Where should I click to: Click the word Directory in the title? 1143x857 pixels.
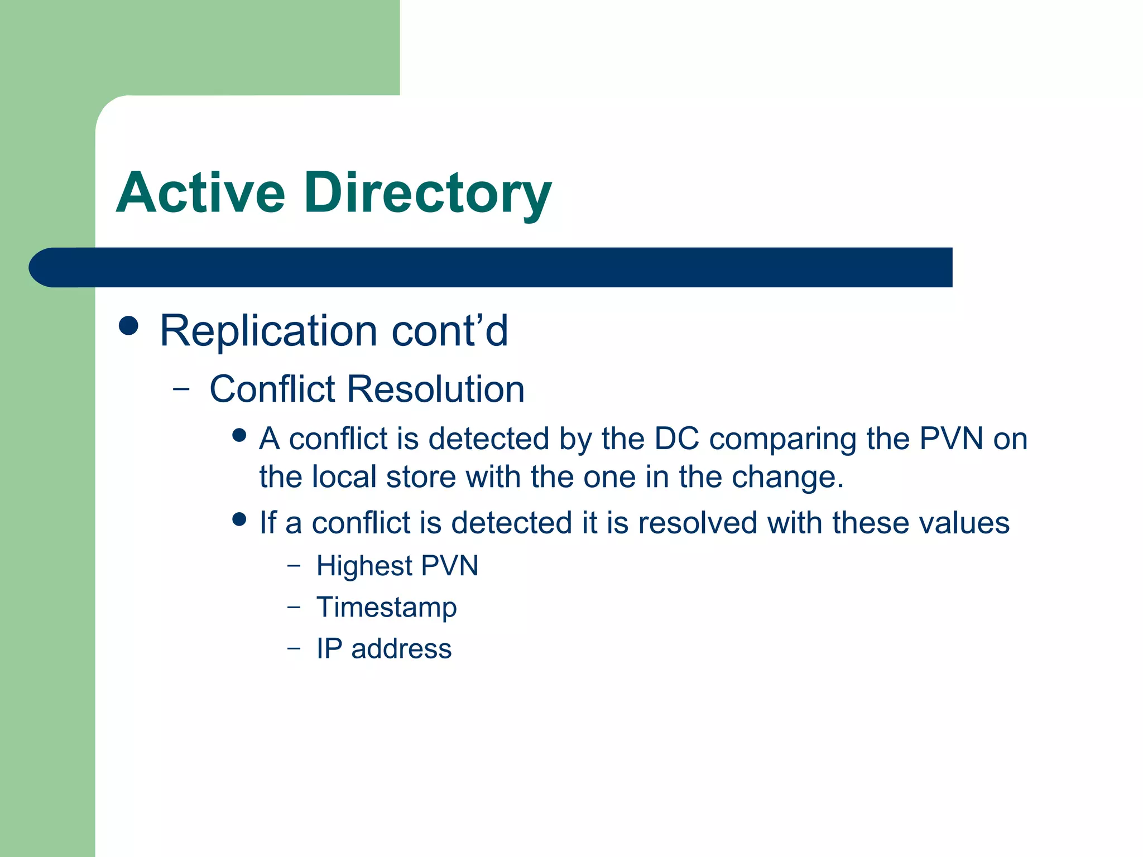click(428, 194)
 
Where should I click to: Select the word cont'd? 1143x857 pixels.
click(450, 331)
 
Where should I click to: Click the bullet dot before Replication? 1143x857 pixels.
click(129, 326)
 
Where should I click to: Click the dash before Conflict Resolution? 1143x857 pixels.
click(181, 389)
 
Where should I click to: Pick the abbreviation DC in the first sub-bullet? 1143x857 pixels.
click(676, 439)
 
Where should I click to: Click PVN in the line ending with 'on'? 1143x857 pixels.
click(951, 439)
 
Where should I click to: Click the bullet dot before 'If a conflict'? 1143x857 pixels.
click(239, 519)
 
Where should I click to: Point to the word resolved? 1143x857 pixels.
click(698, 523)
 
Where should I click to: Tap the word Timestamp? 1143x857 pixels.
click(386, 608)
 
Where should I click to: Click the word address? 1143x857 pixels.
click(401, 649)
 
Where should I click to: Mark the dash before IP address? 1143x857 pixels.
click(294, 649)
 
